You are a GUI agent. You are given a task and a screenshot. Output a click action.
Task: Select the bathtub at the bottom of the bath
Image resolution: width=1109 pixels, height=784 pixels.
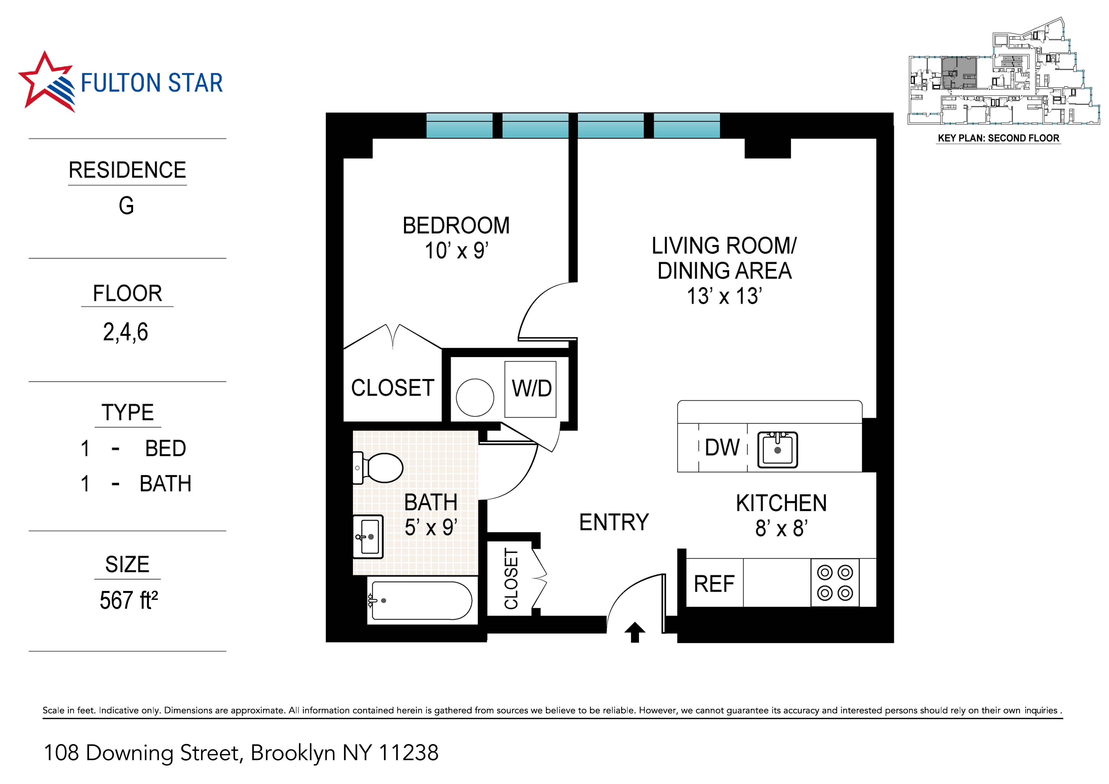(x=420, y=600)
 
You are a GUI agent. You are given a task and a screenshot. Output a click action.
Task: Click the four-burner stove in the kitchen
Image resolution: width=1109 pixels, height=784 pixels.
(x=835, y=583)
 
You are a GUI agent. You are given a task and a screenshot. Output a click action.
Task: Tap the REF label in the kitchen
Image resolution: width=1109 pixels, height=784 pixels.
(x=714, y=584)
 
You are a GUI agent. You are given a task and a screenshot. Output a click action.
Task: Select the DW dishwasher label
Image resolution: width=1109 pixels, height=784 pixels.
(x=722, y=447)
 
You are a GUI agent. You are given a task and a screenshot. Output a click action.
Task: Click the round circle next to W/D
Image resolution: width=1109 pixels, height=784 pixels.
(x=475, y=398)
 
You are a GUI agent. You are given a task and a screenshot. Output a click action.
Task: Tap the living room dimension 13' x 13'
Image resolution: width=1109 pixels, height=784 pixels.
(x=724, y=296)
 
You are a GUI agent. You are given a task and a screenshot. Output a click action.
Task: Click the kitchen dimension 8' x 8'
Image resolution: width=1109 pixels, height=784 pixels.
(x=781, y=529)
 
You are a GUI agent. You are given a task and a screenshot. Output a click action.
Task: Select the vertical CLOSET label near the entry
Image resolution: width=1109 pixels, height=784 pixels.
(x=511, y=579)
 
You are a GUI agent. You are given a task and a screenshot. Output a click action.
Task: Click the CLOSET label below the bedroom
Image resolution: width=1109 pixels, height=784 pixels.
(x=392, y=388)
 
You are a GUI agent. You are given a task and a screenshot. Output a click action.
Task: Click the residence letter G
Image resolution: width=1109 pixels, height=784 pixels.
(x=126, y=206)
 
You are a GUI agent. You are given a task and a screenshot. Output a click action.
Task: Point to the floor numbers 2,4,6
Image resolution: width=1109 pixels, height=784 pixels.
(x=126, y=332)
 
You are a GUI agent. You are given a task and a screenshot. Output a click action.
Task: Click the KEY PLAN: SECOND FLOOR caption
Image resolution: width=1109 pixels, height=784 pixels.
(x=998, y=138)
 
